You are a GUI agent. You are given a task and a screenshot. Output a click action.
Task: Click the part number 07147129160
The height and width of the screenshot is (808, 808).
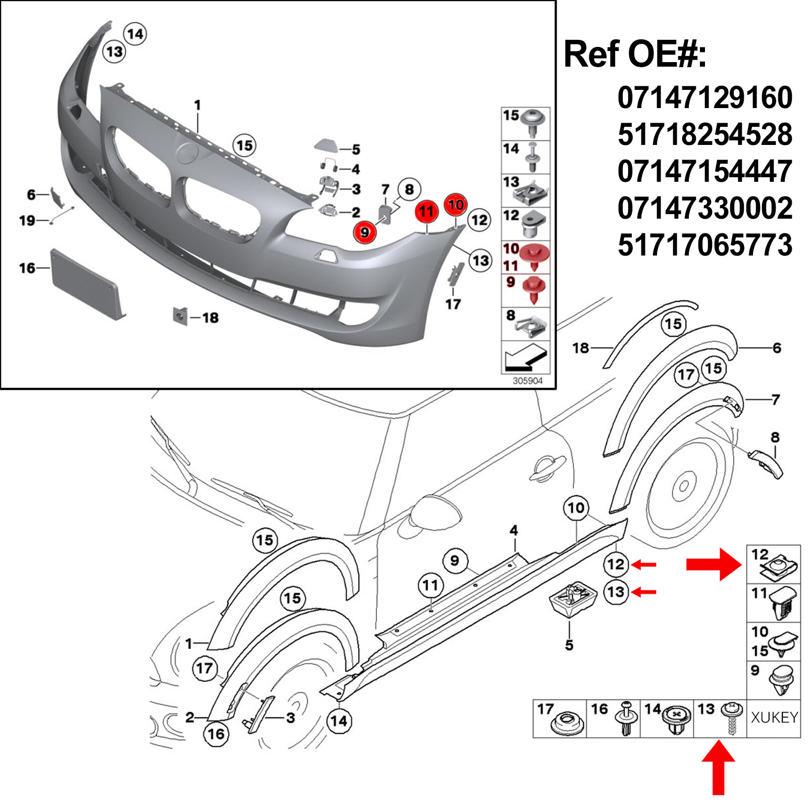(x=704, y=97)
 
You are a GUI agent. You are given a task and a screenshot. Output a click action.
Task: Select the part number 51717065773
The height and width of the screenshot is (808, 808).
(x=704, y=245)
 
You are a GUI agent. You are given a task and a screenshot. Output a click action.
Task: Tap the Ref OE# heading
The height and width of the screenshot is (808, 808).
(x=635, y=54)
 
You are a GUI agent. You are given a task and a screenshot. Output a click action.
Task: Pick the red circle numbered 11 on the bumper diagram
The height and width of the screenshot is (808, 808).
(x=427, y=212)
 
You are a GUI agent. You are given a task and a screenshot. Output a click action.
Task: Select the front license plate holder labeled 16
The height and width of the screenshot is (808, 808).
(x=86, y=284)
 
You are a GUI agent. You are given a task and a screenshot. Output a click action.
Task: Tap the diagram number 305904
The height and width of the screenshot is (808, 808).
(x=527, y=381)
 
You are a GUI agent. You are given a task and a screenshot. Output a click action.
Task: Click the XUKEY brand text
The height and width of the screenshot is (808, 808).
(x=774, y=718)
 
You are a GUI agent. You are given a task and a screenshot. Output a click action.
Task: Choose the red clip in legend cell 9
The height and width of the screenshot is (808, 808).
(x=534, y=289)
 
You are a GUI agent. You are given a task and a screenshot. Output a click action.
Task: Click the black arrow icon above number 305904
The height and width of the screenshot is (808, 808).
(x=526, y=358)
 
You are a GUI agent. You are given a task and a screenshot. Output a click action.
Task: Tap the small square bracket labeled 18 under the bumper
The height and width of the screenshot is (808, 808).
(x=180, y=316)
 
